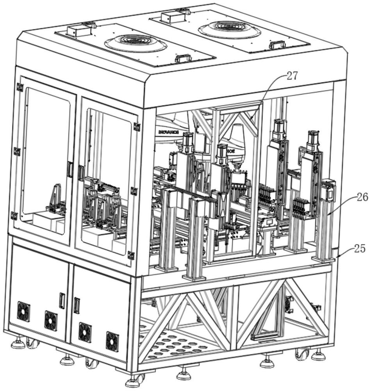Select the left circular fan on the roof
click(x=136, y=43)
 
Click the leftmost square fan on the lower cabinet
click(x=23, y=311)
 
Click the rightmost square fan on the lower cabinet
click(x=112, y=341)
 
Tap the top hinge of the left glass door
click(x=20, y=87)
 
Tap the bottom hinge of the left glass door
click(x=14, y=215)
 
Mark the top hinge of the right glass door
click(x=137, y=127)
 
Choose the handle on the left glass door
click(x=70, y=169)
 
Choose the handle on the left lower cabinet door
click(x=62, y=300)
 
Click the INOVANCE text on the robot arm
click(x=169, y=133)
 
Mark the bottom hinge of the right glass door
click(x=131, y=255)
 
